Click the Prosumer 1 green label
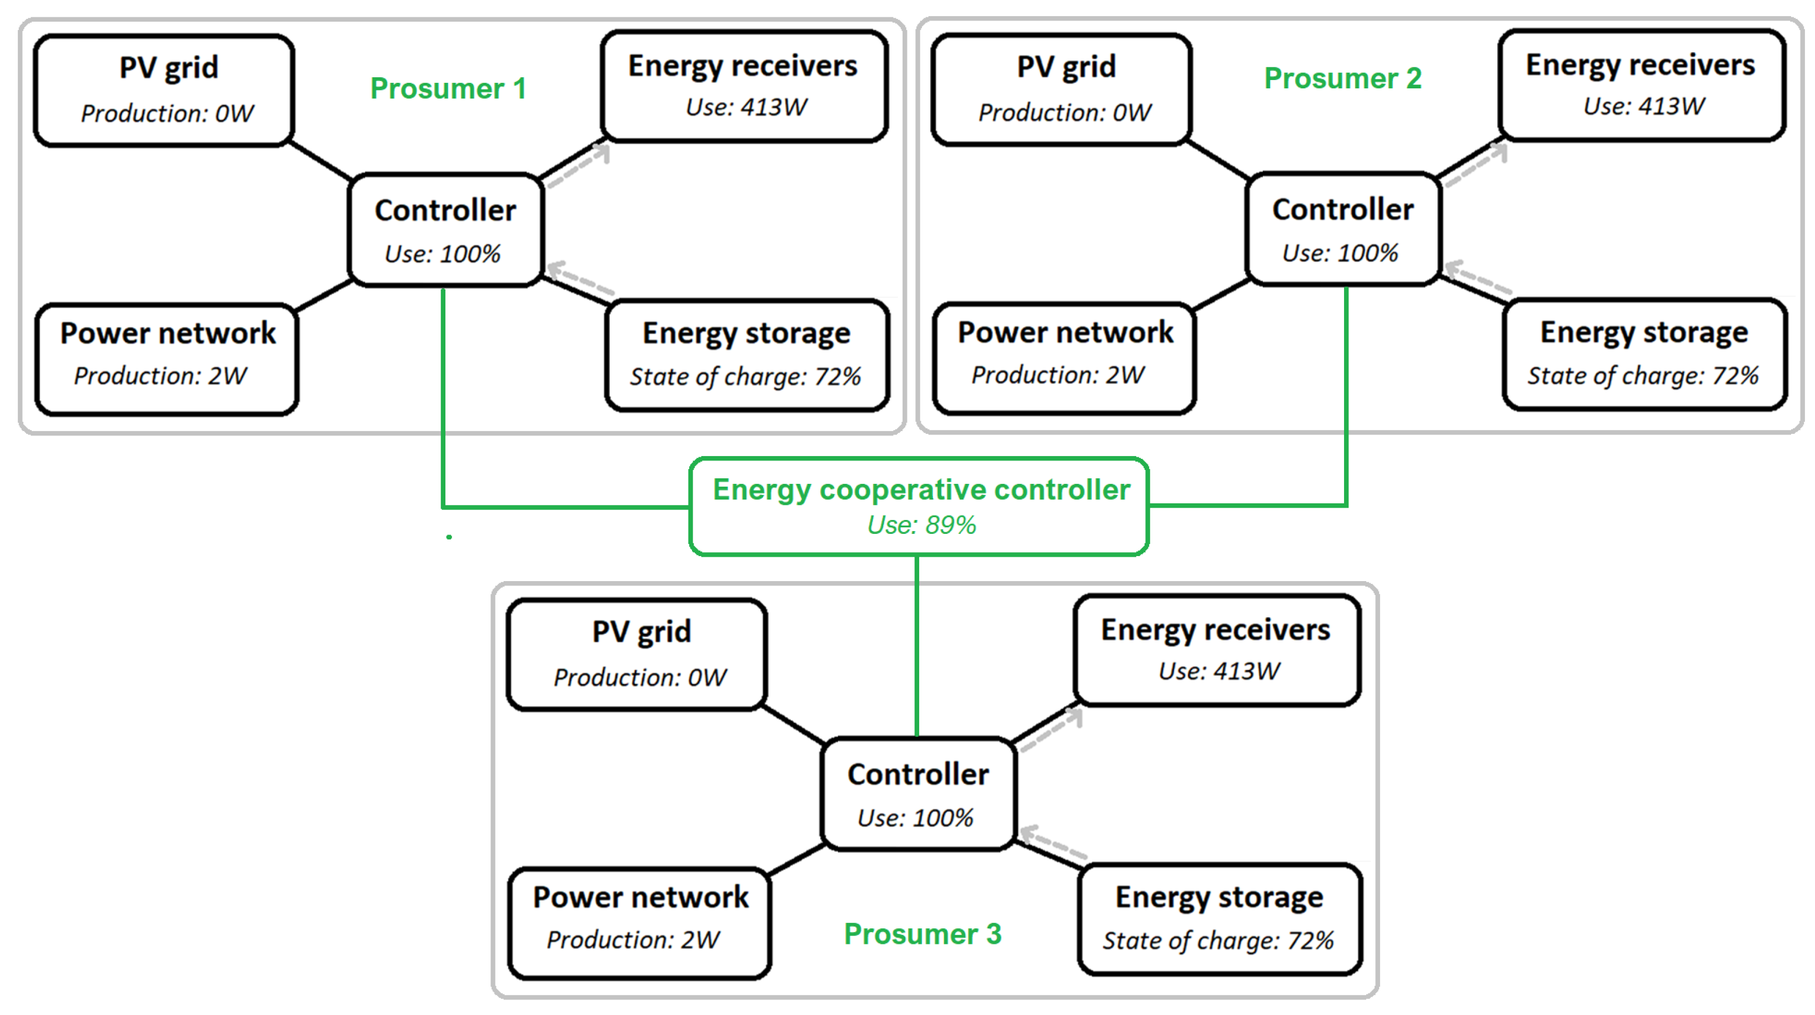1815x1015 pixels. pyautogui.click(x=448, y=89)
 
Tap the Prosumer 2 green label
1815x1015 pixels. pyautogui.click(x=1343, y=78)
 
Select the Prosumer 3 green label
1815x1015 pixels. pyautogui.click(x=922, y=934)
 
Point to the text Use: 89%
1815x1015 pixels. pyautogui.click(x=921, y=525)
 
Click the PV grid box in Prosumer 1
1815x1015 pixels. pyautogui.click(x=165, y=89)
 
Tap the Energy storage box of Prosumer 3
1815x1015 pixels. pyautogui.click(x=1220, y=919)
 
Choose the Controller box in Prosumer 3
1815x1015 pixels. pyautogui.click(x=918, y=794)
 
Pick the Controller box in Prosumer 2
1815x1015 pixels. pyautogui.click(x=1343, y=229)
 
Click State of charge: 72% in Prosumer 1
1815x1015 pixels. pyautogui.click(x=745, y=377)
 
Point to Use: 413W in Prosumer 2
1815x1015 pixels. pyautogui.click(x=1644, y=107)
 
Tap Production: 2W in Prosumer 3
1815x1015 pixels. pyautogui.click(x=633, y=939)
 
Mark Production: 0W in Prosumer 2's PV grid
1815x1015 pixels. pyautogui.click(x=1065, y=113)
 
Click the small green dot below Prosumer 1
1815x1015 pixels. pyautogui.click(x=449, y=537)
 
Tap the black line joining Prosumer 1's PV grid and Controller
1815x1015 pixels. pyautogui.click(x=320, y=161)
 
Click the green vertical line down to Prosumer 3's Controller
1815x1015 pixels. pyautogui.click(x=916, y=645)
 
